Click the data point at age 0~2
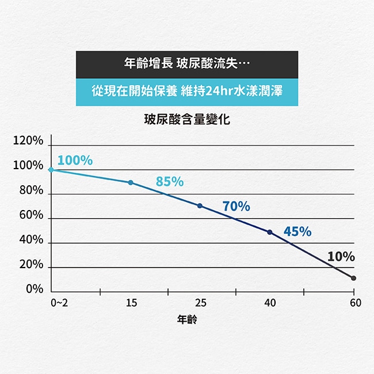[x=51, y=170]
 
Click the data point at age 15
[x=131, y=182]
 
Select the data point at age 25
[x=200, y=206]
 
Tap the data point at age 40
[x=270, y=232]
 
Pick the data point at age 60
[x=353, y=278]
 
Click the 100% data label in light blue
[x=75, y=160]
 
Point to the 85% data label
[x=170, y=182]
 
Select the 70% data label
[x=236, y=206]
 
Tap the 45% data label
[x=297, y=231]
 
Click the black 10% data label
[x=341, y=257]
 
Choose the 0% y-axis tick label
[x=34, y=289]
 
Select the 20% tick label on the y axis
[x=31, y=265]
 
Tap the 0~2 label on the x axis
[x=59, y=303]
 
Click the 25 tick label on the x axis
[x=200, y=303]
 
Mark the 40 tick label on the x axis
[x=270, y=303]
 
